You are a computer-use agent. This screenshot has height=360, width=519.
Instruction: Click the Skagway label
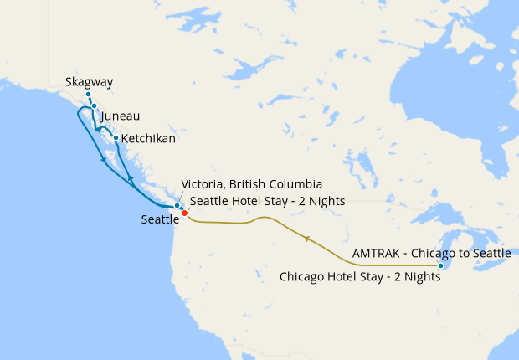(x=89, y=82)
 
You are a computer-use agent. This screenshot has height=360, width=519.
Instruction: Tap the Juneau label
(x=120, y=116)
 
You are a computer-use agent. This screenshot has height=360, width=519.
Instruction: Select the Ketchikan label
(x=148, y=138)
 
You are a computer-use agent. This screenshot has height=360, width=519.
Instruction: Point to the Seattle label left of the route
(x=161, y=219)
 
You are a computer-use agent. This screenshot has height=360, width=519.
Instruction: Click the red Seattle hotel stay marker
(x=184, y=213)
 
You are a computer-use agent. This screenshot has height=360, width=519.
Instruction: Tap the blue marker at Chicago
(x=441, y=266)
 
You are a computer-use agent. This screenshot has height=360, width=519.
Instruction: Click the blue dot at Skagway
(x=88, y=95)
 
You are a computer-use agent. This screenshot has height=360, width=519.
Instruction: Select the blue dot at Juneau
(x=95, y=106)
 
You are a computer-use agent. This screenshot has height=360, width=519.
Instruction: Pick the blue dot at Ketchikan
(x=116, y=137)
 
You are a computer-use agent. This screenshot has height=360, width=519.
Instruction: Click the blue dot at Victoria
(x=177, y=206)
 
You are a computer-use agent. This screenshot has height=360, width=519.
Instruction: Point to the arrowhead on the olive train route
(x=307, y=239)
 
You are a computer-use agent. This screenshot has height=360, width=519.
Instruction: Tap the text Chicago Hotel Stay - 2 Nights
(x=360, y=276)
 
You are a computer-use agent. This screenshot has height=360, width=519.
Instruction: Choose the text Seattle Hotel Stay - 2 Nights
(x=268, y=201)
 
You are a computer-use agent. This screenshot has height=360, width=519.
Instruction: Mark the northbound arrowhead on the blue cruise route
(x=131, y=180)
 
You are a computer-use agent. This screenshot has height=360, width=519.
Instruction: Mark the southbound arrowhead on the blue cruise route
(x=103, y=160)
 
